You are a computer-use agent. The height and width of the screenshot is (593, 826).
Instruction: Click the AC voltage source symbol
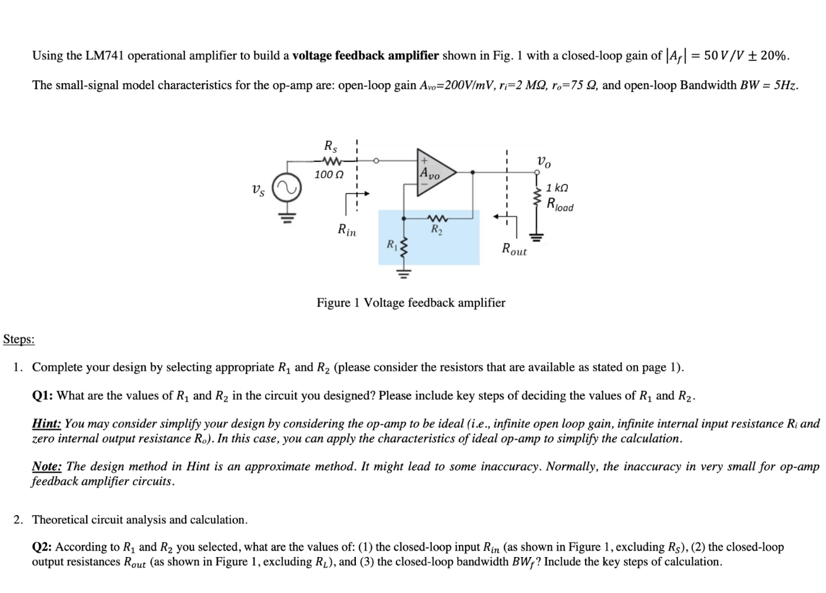click(x=289, y=188)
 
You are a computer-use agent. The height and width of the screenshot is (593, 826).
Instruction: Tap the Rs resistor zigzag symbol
click(x=331, y=160)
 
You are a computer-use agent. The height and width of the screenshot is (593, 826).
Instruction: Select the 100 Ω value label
click(x=328, y=174)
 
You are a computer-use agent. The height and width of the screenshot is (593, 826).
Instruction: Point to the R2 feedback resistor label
click(x=437, y=229)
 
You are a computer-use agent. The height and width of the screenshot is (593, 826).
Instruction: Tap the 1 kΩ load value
click(x=557, y=188)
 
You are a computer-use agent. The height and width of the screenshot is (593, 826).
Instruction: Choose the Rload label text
click(x=560, y=205)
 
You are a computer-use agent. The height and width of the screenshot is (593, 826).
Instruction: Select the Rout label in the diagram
click(x=514, y=249)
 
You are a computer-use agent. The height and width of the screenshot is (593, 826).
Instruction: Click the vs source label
click(x=258, y=190)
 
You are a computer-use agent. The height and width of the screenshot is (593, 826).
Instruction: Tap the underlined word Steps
click(x=19, y=339)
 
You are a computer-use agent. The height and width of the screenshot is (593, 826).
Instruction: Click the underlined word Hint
click(x=46, y=424)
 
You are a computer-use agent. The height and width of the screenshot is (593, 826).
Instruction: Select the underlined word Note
click(x=47, y=466)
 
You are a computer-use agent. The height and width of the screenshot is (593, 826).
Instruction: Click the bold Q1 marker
click(x=42, y=396)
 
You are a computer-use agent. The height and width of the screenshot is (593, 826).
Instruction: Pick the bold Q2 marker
click(x=42, y=547)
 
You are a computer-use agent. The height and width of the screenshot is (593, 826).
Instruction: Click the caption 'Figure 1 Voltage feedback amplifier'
click(x=411, y=302)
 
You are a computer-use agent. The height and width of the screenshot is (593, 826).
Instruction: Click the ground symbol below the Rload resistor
click(x=536, y=237)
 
